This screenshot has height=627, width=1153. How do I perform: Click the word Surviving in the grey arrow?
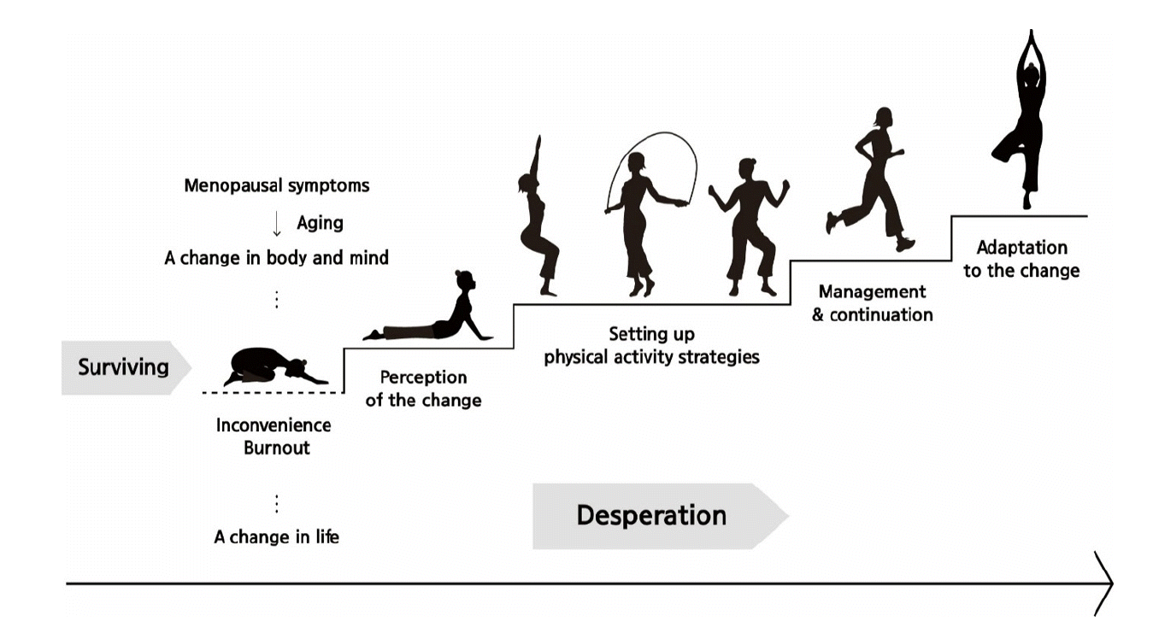123,368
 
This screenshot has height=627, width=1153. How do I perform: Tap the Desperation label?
650,516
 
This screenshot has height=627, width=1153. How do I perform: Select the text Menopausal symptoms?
277,185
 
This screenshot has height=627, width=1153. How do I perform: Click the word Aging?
320,224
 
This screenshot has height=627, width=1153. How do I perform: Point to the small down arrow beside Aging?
276,225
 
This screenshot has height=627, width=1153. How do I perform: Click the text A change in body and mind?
276,258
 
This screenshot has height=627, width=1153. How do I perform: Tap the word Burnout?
276,448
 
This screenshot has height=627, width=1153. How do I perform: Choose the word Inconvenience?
274,425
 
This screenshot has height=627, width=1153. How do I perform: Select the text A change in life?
276,537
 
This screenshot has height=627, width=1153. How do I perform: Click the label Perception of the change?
423,389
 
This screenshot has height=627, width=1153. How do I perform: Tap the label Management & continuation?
872,303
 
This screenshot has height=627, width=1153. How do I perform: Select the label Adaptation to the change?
1021,259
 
